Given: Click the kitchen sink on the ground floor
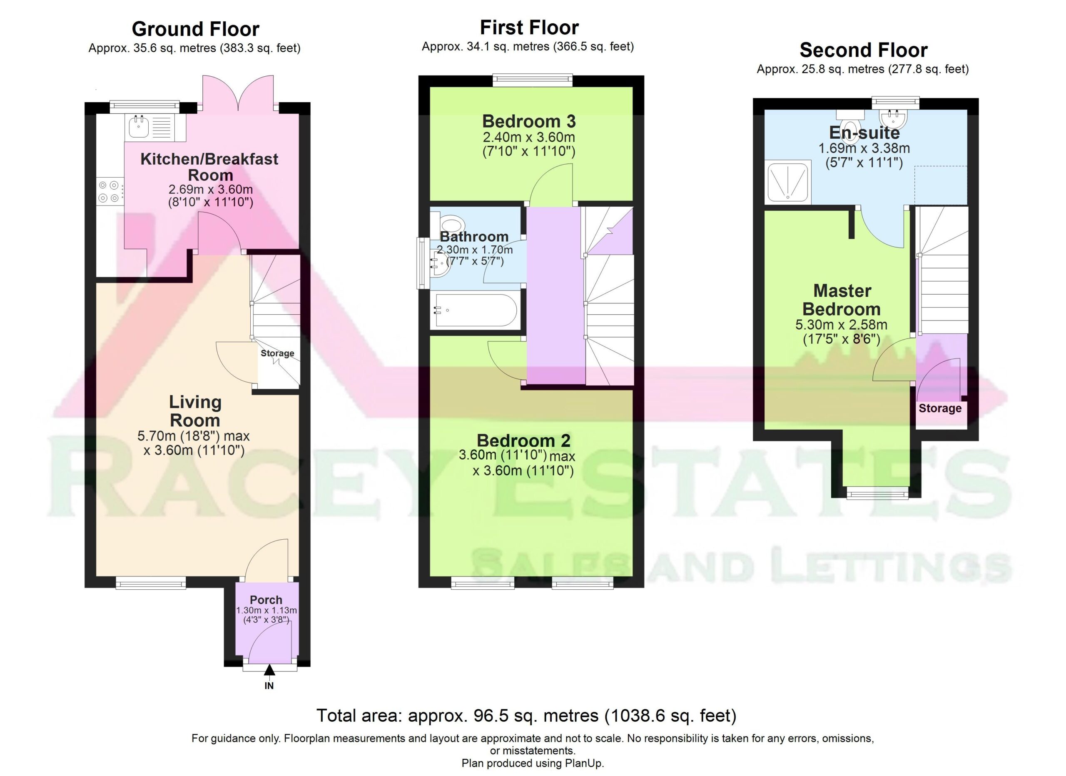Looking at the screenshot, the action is coord(156,127).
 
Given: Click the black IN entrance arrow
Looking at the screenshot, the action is coord(269,670).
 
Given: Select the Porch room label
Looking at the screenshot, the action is coord(266,600).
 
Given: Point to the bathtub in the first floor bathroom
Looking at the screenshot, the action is coord(476,310).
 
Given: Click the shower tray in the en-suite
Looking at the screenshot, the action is coord(788,182).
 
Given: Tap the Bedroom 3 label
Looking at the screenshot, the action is coord(529,121).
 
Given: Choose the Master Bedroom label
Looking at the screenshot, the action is coord(842,300).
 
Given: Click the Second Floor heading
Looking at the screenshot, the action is coord(864,50).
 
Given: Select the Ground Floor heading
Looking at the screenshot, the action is coord(196,29).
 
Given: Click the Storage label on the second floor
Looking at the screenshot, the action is coord(940,408).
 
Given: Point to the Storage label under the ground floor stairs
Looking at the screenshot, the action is coord(277,353).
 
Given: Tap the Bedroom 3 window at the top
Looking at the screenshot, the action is coord(533,80).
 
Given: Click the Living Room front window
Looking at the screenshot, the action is coord(151,583).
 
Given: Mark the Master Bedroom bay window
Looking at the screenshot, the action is coord(877,493).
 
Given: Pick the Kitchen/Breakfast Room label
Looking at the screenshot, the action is coord(209,167).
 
